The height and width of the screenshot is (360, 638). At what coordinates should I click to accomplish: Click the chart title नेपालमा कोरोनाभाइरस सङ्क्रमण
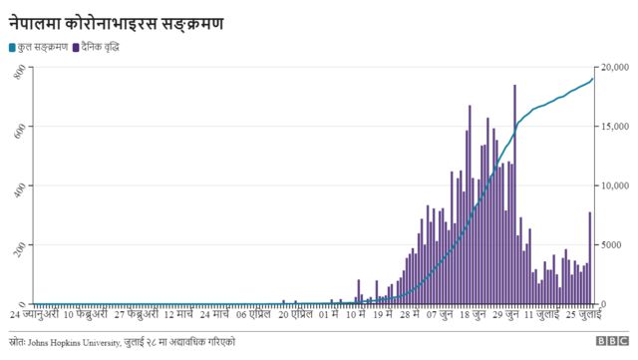click(x=117, y=21)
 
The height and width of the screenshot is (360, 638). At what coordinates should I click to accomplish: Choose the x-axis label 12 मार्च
click(x=182, y=314)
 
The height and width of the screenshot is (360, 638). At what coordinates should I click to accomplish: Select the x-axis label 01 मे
click(x=326, y=314)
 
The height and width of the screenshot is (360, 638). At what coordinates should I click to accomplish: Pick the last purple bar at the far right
click(x=590, y=259)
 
